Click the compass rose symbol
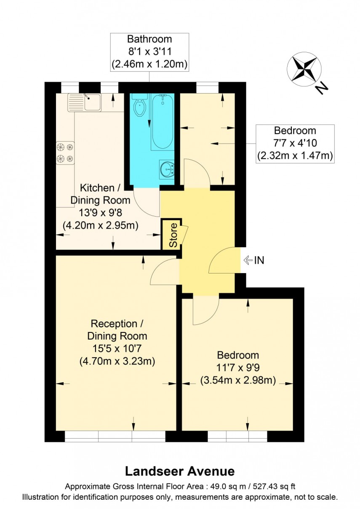pos(302,70)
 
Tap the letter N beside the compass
pos(322,88)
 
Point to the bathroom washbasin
pos(167,170)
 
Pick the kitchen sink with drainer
pos(85,102)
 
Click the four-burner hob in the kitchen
pos(65,153)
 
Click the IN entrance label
pos(259,260)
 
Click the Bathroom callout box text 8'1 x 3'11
pos(149,52)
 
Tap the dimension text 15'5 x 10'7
pos(117,348)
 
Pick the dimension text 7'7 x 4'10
pos(295,143)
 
